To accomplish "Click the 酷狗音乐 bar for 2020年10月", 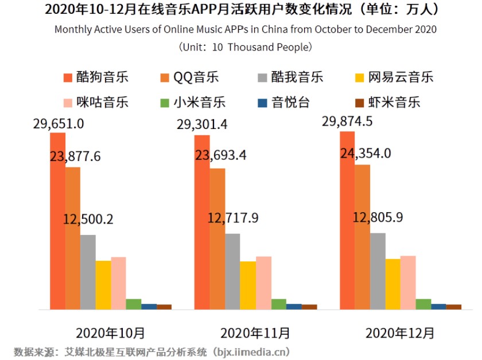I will (58, 221).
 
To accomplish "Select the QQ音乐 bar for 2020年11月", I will (217, 238).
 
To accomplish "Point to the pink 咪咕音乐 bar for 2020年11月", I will (263, 283).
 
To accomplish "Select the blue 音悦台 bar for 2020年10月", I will (149, 306).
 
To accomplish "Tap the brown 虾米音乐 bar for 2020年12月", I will (453, 307).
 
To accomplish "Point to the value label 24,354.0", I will (365, 153).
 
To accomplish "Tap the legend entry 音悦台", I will (284, 103).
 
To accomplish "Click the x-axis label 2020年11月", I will (255, 332).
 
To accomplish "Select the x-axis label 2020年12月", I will (400, 332).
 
